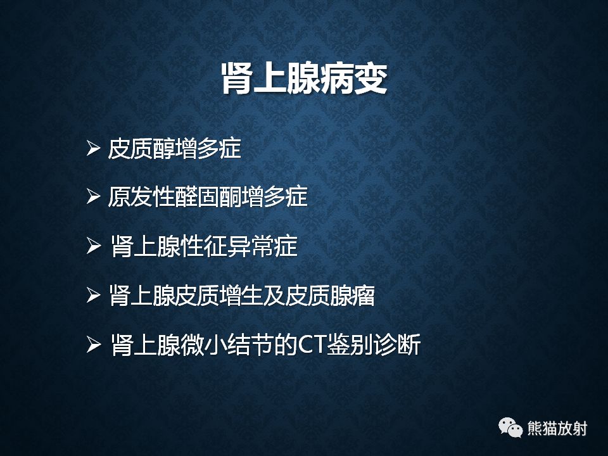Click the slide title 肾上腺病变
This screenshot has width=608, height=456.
point(304,79)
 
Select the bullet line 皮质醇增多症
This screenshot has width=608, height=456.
point(175,149)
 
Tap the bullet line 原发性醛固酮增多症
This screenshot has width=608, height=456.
point(208,197)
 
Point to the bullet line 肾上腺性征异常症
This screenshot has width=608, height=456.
point(203,246)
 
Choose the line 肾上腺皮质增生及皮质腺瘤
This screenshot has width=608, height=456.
point(241,295)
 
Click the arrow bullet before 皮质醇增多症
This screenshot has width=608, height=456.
point(94,149)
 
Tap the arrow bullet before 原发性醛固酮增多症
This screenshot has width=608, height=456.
point(94,198)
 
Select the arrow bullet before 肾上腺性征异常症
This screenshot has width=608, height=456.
point(94,247)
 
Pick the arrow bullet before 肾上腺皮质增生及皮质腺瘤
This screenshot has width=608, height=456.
point(94,296)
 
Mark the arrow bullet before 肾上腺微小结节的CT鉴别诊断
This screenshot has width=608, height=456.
point(94,345)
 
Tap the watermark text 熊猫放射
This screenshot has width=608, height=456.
point(557,429)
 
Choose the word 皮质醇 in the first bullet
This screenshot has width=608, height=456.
point(141,149)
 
